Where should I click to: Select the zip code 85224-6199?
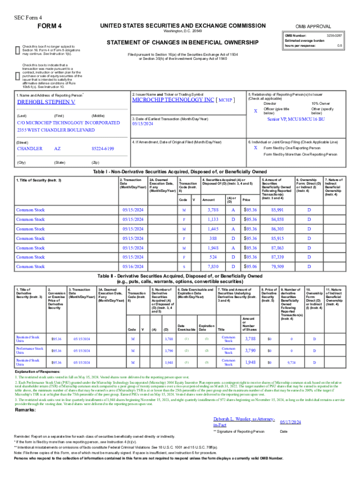[x=102, y=148]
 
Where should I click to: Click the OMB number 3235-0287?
[x=330, y=36]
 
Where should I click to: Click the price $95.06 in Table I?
[x=250, y=267]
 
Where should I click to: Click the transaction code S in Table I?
[x=184, y=267]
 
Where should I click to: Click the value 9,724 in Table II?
[x=290, y=363]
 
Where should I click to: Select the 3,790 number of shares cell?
[x=251, y=350]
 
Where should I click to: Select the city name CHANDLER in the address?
[x=29, y=148]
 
